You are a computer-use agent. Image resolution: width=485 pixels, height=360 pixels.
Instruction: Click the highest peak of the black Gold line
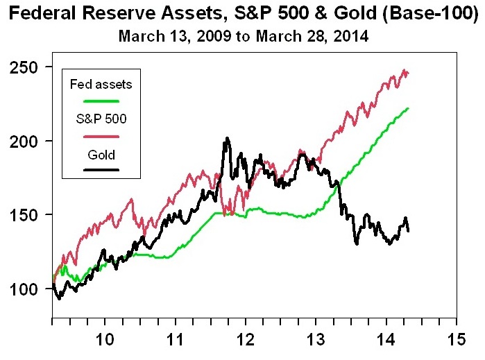pyautogui.click(x=226, y=139)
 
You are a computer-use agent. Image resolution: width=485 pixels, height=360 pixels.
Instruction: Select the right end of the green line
pyautogui.click(x=408, y=108)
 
